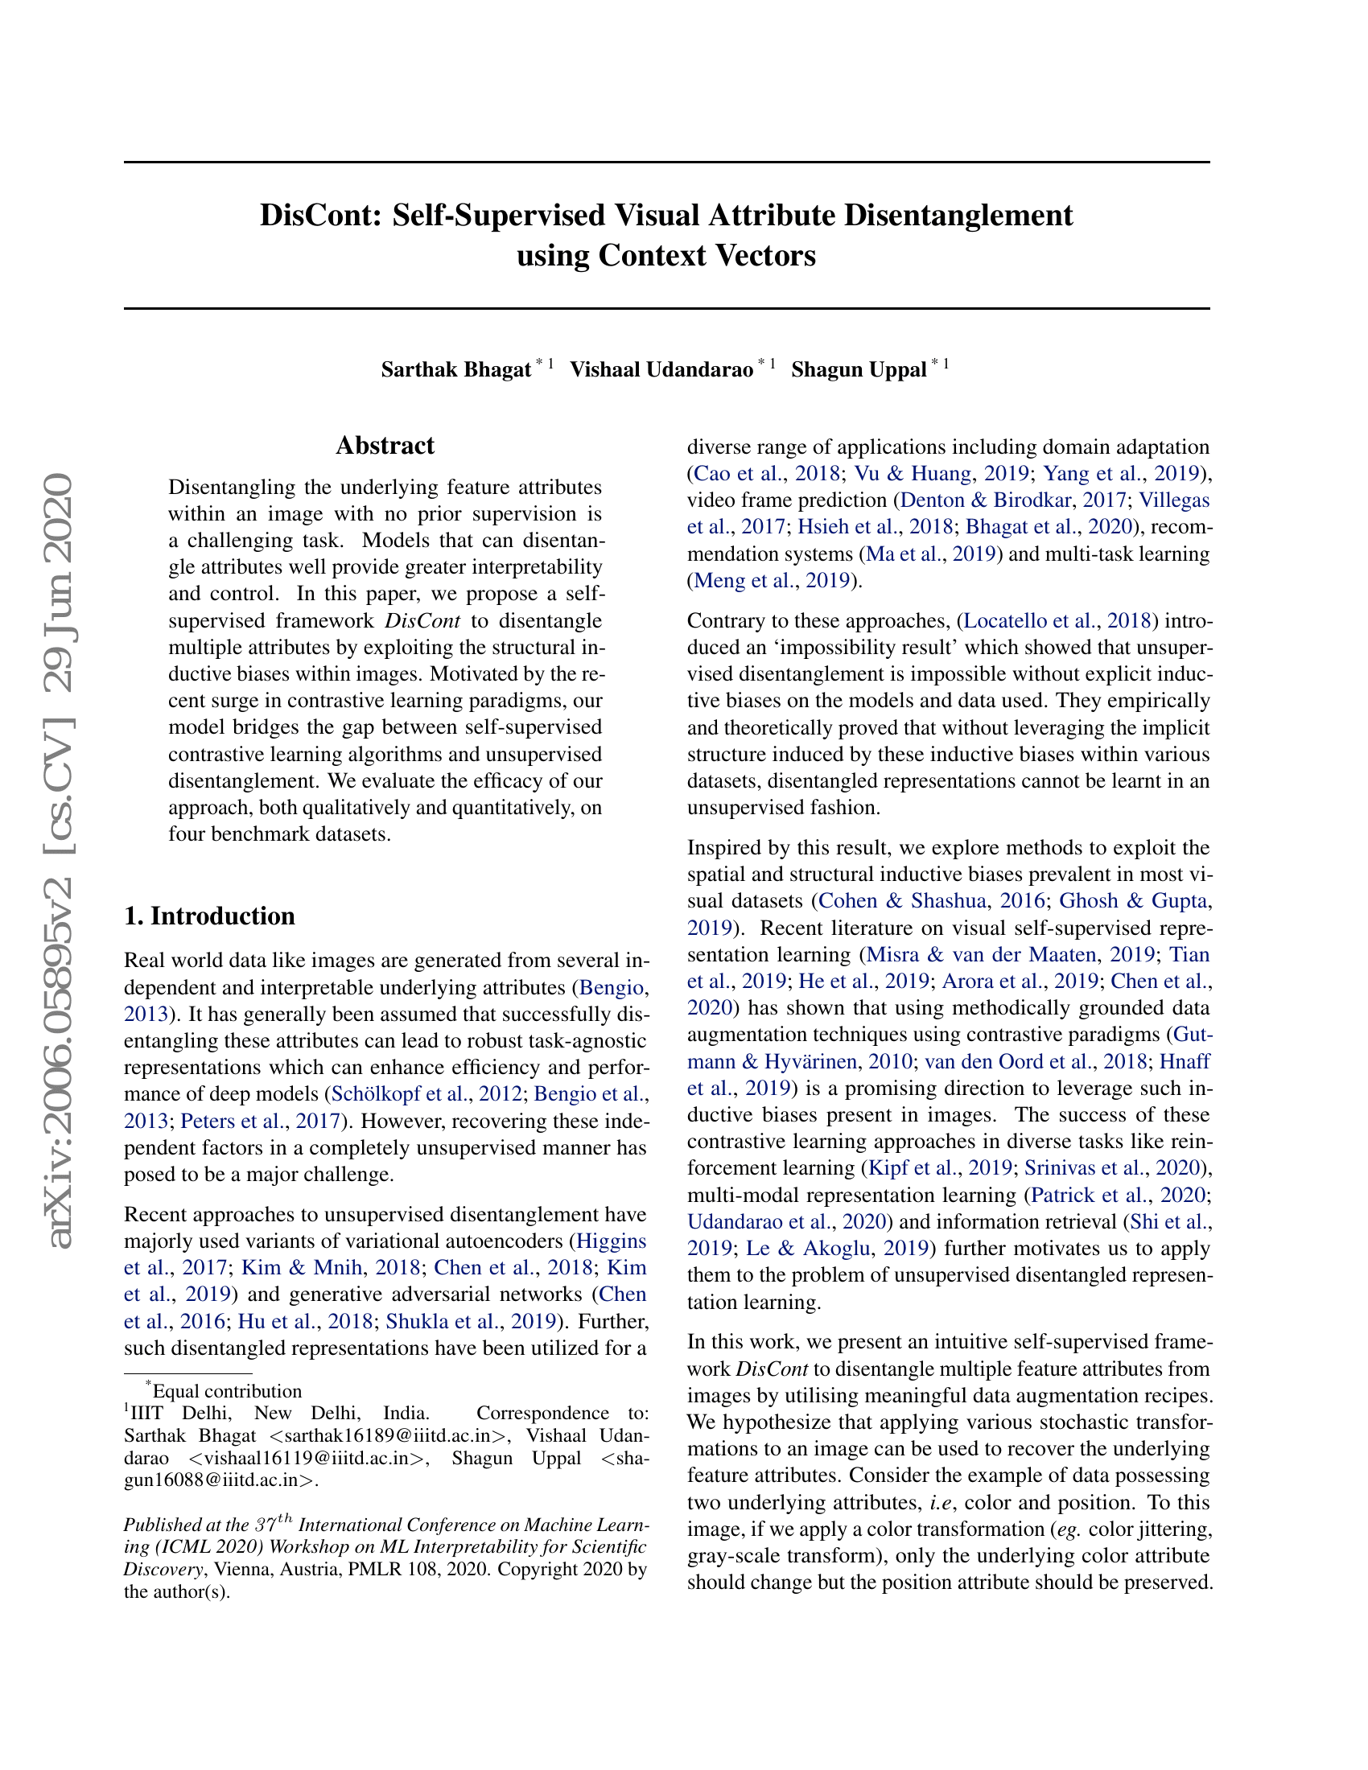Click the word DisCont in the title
[319, 216]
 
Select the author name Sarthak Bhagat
[455, 370]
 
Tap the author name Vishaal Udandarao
[661, 370]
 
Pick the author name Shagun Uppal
[859, 370]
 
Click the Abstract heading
[385, 446]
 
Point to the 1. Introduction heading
[209, 916]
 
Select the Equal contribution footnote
[227, 1392]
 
